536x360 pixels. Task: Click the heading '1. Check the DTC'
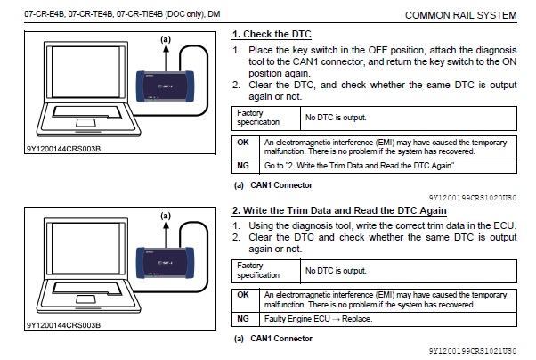(x=270, y=34)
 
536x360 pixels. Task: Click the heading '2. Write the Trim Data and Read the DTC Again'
(x=338, y=210)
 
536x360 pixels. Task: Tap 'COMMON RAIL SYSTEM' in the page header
(x=459, y=15)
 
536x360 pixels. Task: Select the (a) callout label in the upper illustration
(x=166, y=39)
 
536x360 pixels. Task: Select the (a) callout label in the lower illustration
(x=166, y=215)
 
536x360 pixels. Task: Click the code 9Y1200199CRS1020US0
(x=472, y=197)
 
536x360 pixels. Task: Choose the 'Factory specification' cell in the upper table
(x=257, y=117)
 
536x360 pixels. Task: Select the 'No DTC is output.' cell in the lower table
(x=338, y=270)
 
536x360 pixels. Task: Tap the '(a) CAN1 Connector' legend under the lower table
(x=271, y=339)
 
